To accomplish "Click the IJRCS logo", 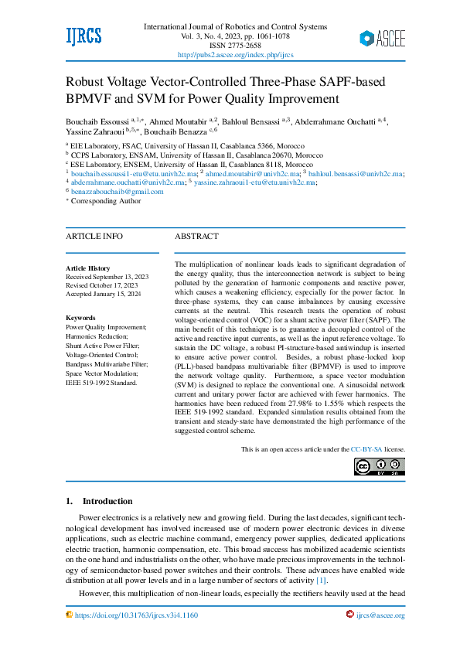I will tap(83, 36).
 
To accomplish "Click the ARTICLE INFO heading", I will tap(94, 236).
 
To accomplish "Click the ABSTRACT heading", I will tap(196, 236).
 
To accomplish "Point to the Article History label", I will tap(87, 268).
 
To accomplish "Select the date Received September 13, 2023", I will tap(107, 277).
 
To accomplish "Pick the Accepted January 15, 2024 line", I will tap(104, 294).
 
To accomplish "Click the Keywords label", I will tap(80, 318).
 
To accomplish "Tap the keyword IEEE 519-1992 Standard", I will tap(101, 383).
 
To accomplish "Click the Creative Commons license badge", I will tap(379, 466).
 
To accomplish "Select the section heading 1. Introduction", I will tap(99, 501).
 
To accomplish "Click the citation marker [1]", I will tap(322, 580).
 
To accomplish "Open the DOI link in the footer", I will tap(136, 615).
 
